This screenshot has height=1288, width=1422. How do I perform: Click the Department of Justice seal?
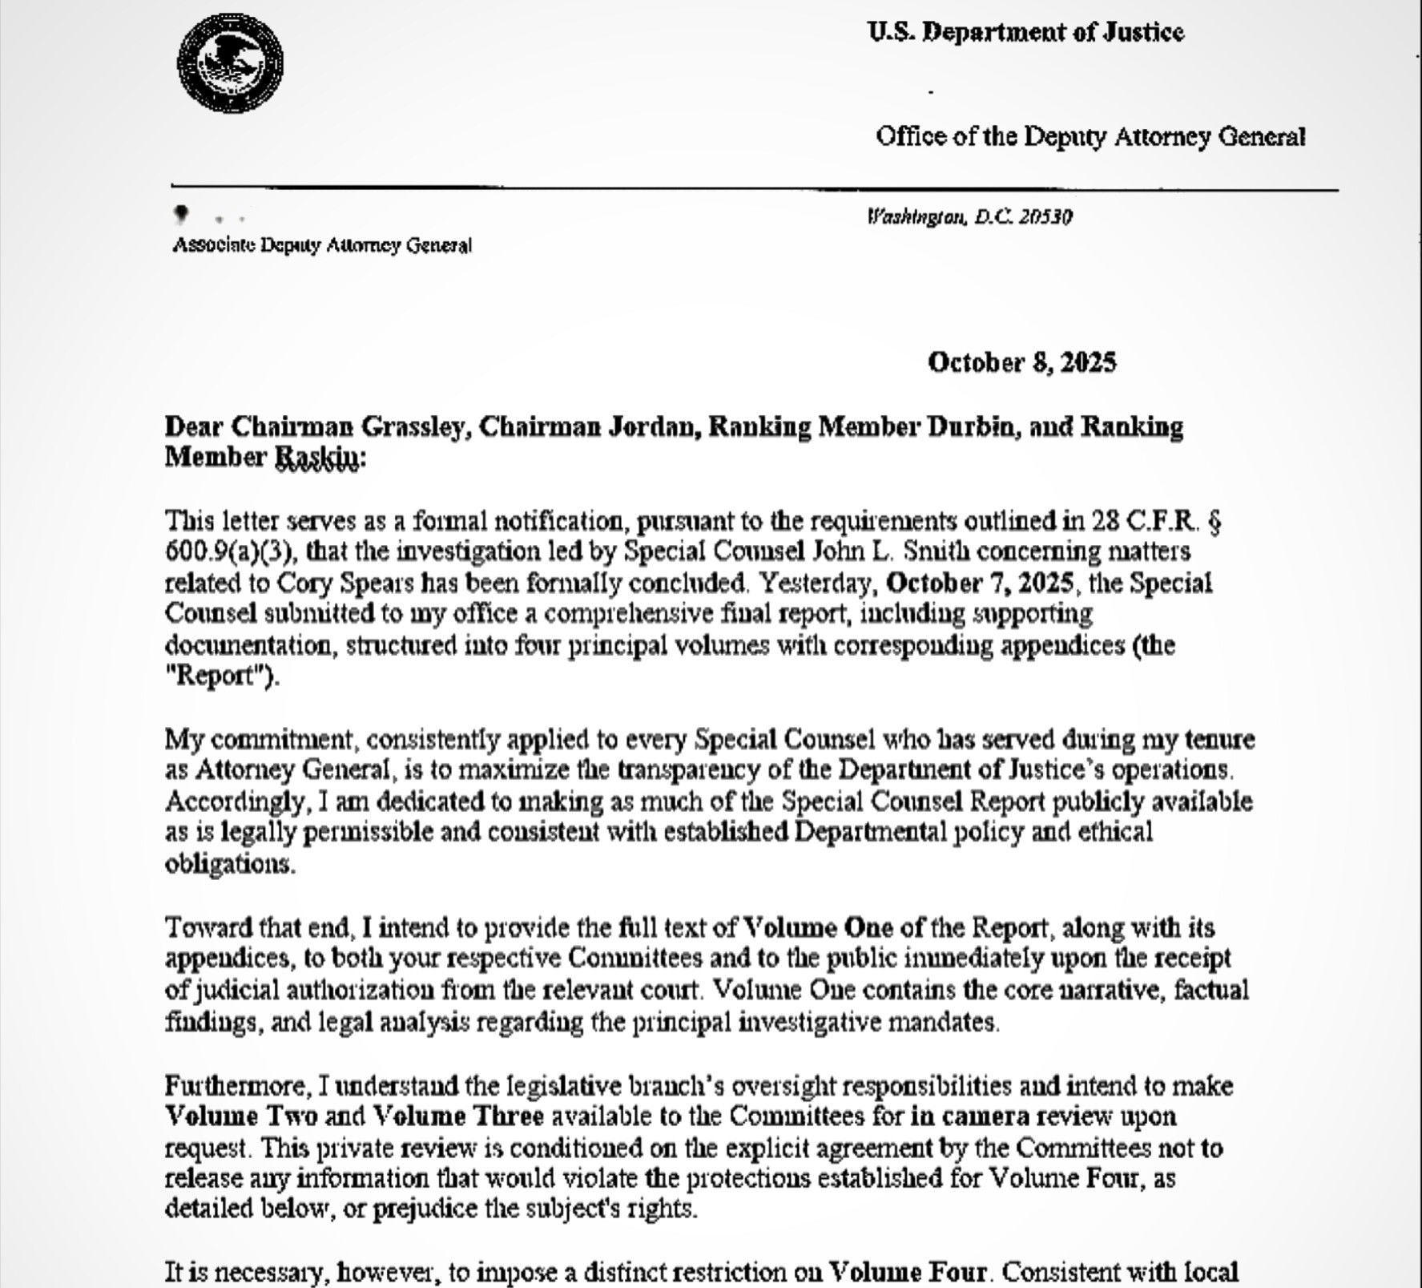[230, 63]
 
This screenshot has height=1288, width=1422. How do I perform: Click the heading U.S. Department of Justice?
[1025, 32]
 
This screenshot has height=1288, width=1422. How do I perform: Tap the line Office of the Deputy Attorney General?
[1090, 136]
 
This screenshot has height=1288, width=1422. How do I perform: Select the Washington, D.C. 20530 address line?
[969, 217]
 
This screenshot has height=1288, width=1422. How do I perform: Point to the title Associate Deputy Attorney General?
[322, 245]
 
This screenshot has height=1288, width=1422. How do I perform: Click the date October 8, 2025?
[1021, 362]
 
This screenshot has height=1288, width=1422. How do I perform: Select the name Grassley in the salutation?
[413, 426]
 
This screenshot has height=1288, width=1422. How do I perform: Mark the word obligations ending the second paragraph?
[228, 864]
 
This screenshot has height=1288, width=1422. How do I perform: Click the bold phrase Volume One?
[818, 927]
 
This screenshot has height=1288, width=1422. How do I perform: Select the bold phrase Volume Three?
[459, 1116]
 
